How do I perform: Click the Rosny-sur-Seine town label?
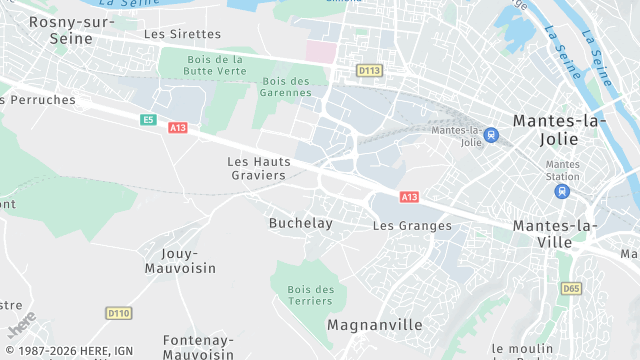(x=71, y=29)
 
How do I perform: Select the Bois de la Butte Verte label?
(x=215, y=66)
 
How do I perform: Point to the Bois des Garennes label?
(x=286, y=87)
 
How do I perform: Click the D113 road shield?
(x=370, y=70)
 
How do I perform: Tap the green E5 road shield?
(x=148, y=120)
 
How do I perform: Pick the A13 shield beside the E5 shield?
(x=178, y=128)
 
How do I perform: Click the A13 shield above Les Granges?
(x=408, y=197)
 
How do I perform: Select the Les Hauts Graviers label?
(x=256, y=168)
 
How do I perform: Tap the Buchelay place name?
(x=300, y=224)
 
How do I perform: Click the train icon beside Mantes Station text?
(x=563, y=190)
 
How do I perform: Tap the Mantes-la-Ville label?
(x=556, y=234)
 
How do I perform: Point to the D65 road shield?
(x=570, y=289)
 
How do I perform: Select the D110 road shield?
(x=118, y=313)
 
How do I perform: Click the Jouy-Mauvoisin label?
(x=180, y=261)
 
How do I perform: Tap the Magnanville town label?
(x=374, y=326)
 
